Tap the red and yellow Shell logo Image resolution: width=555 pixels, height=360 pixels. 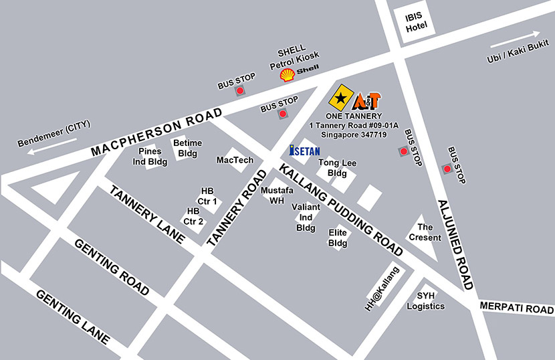(288, 75)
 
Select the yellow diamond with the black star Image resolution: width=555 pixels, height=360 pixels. (341, 98)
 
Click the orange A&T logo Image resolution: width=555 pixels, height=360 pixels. (367, 100)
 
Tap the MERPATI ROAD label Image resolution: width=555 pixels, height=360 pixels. (517, 309)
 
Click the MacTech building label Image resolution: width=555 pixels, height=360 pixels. (235, 161)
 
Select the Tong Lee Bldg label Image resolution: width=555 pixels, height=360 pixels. (337, 168)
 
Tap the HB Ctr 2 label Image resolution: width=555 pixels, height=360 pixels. (194, 217)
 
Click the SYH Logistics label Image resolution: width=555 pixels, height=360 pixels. (426, 301)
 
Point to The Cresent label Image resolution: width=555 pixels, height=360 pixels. (425, 232)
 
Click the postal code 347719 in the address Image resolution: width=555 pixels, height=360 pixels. (373, 134)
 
